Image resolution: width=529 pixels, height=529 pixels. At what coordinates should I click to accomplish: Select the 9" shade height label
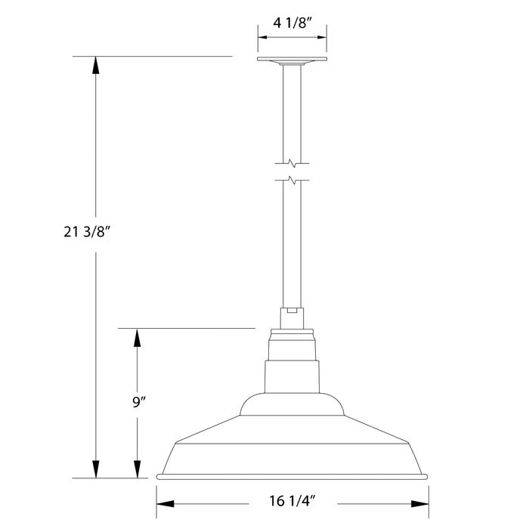click(x=137, y=403)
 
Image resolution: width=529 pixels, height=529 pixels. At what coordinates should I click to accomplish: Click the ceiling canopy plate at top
click(x=292, y=60)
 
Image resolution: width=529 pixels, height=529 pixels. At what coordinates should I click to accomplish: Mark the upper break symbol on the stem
click(x=292, y=162)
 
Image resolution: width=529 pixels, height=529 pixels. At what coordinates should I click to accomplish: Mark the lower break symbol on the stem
click(x=292, y=180)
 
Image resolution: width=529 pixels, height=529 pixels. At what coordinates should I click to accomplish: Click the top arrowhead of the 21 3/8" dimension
click(x=95, y=65)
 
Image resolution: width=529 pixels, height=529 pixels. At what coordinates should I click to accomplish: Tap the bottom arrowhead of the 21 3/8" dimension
click(x=95, y=469)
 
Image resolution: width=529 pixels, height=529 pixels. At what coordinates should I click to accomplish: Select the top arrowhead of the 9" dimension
click(x=137, y=338)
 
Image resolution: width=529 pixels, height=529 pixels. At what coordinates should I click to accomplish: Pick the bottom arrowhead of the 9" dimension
click(x=137, y=469)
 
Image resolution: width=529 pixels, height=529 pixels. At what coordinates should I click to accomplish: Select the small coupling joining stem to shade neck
click(x=292, y=316)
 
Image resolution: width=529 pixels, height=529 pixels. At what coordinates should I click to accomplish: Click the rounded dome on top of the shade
click(x=292, y=404)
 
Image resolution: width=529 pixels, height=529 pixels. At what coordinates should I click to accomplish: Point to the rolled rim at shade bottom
click(x=292, y=476)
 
